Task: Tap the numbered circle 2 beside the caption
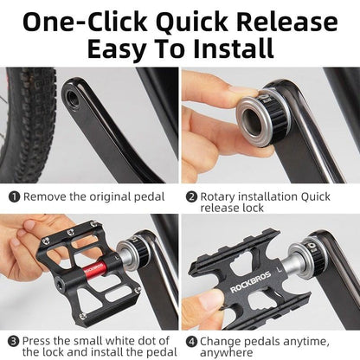191,196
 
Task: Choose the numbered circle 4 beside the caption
191,340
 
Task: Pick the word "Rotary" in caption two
222,196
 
